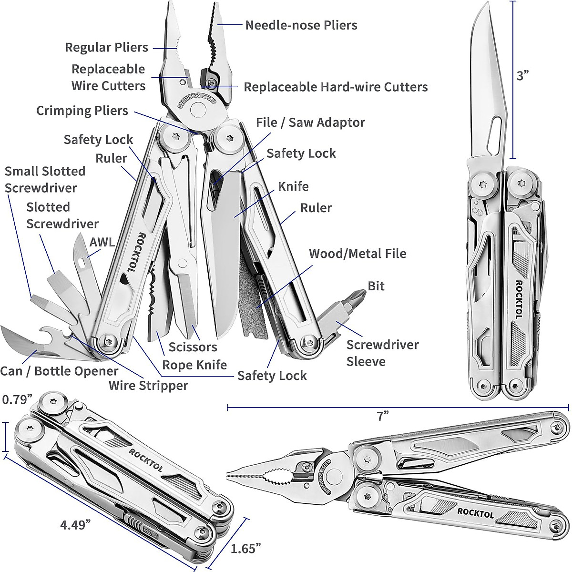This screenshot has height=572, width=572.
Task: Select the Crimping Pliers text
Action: tap(82, 111)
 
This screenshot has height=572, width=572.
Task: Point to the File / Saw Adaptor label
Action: tap(310, 123)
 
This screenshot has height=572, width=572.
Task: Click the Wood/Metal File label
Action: tap(357, 253)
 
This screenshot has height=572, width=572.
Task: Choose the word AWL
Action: tap(102, 242)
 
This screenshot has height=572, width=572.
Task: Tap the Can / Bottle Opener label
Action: tap(59, 371)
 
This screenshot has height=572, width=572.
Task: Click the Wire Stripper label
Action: tap(148, 385)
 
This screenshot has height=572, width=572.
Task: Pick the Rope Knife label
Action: tap(194, 365)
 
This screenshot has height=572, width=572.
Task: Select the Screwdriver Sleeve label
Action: tap(382, 353)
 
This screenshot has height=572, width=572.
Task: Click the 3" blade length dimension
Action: tap(523, 75)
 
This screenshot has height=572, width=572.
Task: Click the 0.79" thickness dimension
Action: tap(17, 399)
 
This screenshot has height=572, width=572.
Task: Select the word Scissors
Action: tap(193, 347)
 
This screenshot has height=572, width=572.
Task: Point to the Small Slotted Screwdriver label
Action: tap(45, 179)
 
